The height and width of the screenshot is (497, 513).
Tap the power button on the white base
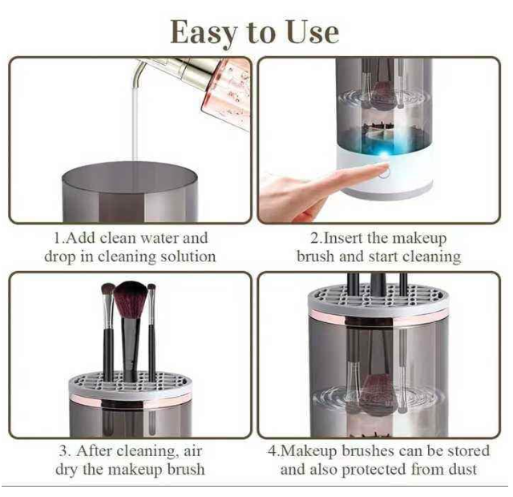[x=384, y=172]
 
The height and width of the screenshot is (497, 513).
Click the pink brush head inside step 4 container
[x=377, y=391]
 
